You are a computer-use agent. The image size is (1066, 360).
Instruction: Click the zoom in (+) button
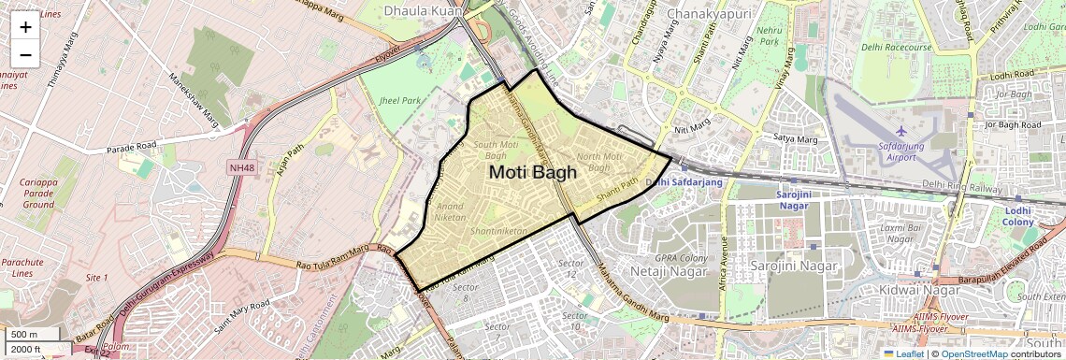point(25,26)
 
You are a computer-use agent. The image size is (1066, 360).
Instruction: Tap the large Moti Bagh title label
point(533,172)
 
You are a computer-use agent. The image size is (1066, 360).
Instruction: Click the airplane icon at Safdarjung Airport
point(901,130)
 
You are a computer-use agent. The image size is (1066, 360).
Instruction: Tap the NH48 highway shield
point(241,168)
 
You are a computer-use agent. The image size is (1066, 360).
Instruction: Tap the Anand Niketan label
point(450,211)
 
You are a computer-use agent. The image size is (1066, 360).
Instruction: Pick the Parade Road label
point(131,148)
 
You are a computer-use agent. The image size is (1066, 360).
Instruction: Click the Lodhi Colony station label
point(1018,216)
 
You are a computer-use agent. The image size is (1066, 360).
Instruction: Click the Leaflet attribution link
point(902,353)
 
